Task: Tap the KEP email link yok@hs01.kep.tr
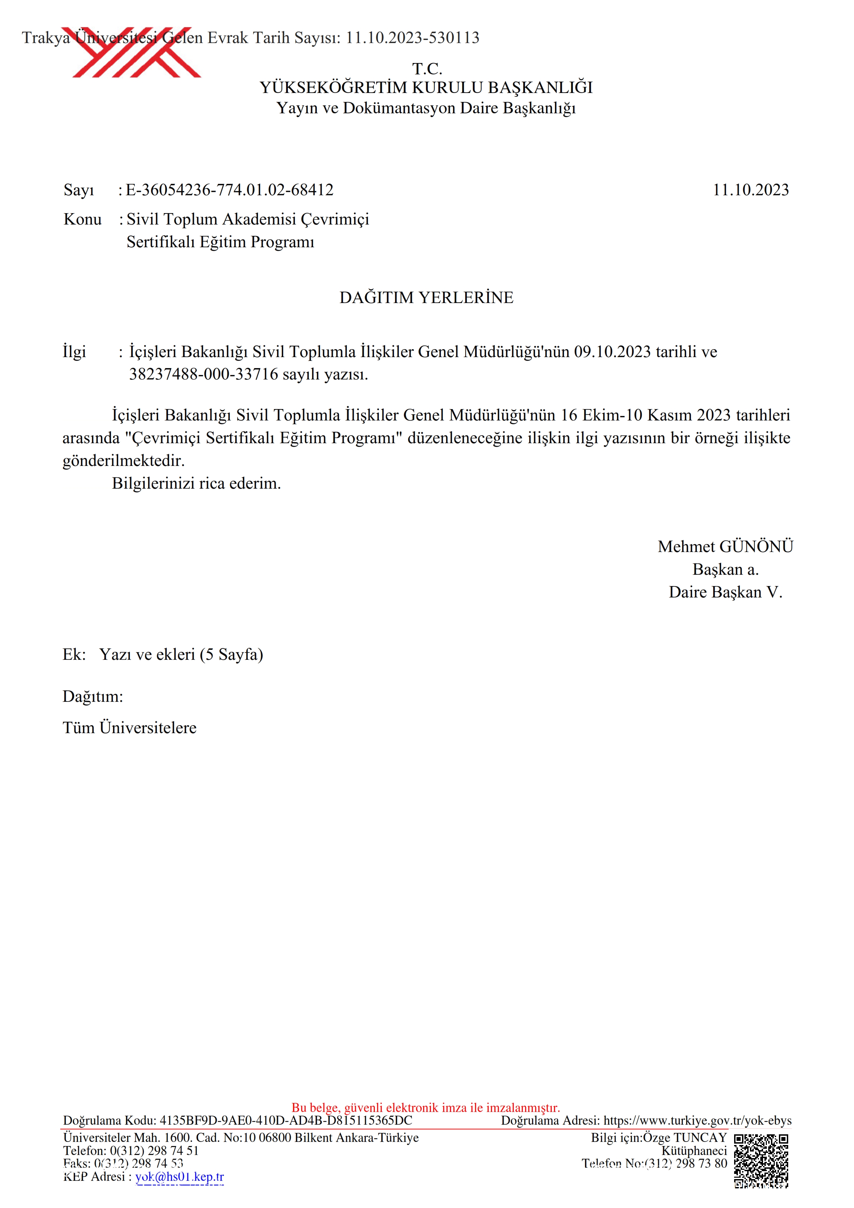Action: click(x=179, y=1176)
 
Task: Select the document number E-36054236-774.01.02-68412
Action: click(x=229, y=190)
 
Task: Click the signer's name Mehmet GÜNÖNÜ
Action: click(x=725, y=546)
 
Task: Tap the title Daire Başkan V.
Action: click(x=725, y=592)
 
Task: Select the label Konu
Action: click(x=83, y=219)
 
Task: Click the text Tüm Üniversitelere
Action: click(x=130, y=728)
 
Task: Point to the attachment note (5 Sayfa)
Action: click(x=231, y=655)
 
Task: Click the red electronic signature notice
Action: click(x=426, y=1107)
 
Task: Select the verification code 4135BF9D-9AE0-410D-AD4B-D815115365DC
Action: click(x=286, y=1121)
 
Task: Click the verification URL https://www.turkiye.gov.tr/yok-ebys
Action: click(x=697, y=1121)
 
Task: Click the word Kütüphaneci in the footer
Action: click(x=694, y=1150)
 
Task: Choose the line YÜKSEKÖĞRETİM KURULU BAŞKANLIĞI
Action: click(x=426, y=88)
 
